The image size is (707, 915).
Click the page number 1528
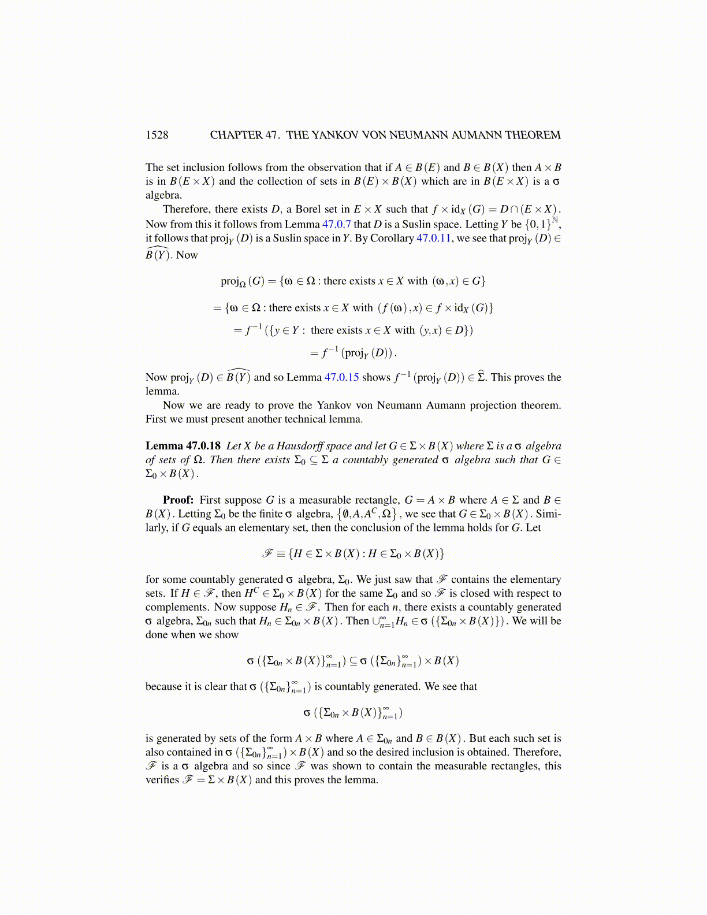click(157, 135)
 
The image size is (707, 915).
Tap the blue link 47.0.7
click(336, 224)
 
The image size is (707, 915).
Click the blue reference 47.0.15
click(341, 377)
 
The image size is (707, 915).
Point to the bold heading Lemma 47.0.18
click(183, 446)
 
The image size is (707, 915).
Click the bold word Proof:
click(178, 500)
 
